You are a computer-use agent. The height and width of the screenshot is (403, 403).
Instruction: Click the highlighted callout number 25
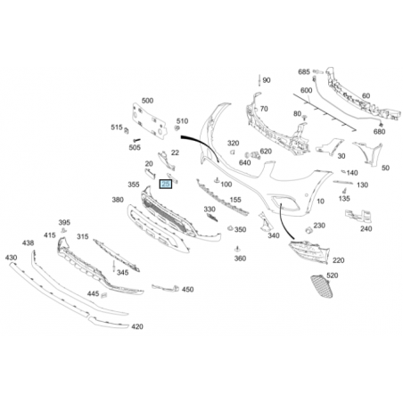pos(166,185)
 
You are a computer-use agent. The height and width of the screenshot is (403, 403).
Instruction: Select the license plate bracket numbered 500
pos(149,121)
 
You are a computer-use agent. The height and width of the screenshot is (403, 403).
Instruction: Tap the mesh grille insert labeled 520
pos(322,286)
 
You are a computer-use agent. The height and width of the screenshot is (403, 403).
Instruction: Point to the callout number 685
pos(304,72)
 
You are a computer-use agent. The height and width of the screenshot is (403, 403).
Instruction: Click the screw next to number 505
pos(136,139)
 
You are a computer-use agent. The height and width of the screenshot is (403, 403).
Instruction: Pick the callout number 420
pos(137,326)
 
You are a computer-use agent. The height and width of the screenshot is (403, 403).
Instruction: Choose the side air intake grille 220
pos(309,251)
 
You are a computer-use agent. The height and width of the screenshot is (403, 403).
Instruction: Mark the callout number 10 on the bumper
pos(320,201)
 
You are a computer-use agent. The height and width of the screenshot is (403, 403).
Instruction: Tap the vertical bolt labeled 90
pos(259,80)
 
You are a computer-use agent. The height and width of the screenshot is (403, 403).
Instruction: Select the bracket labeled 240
pos(358,216)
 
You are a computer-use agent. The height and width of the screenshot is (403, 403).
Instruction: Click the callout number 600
pos(306,90)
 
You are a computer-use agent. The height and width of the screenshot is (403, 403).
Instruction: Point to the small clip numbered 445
pos(104,295)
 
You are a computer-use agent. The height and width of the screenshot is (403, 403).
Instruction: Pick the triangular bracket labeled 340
pos(266,221)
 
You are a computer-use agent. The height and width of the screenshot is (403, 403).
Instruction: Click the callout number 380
pos(118,200)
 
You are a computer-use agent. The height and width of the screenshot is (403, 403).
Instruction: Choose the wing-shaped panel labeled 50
pos(369,153)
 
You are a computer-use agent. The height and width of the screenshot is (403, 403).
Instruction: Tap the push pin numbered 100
pos(217,180)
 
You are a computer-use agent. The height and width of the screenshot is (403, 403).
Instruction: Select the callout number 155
pos(235,200)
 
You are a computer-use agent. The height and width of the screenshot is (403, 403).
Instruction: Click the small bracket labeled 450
pos(166,288)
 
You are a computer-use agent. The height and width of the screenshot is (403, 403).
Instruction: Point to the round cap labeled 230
pos(308,230)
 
